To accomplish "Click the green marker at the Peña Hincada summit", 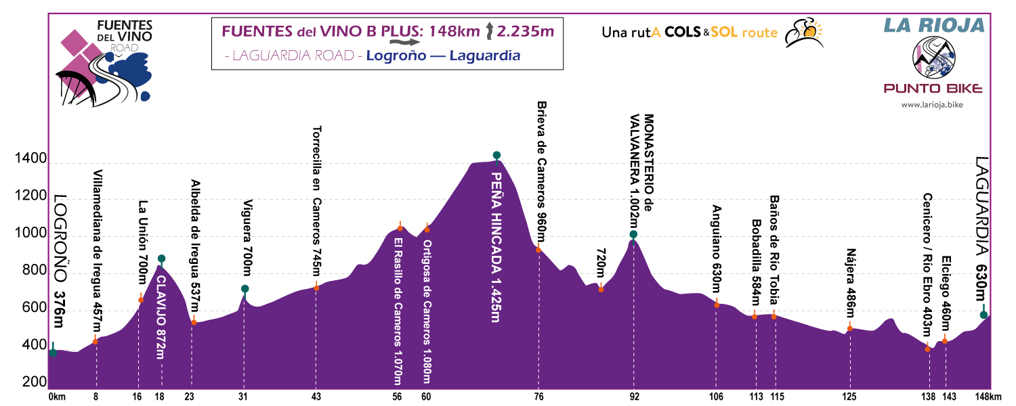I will [496, 156].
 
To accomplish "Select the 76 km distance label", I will [538, 397].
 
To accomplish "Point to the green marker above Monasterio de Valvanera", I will [633, 235].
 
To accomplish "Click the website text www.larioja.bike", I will [932, 105].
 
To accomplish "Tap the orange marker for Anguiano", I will [717, 304].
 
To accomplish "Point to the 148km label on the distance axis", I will [988, 397].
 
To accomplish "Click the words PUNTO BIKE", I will [932, 89].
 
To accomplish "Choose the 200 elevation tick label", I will [29, 383].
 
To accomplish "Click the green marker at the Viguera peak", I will [245, 289].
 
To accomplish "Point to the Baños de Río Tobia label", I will [774, 251].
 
